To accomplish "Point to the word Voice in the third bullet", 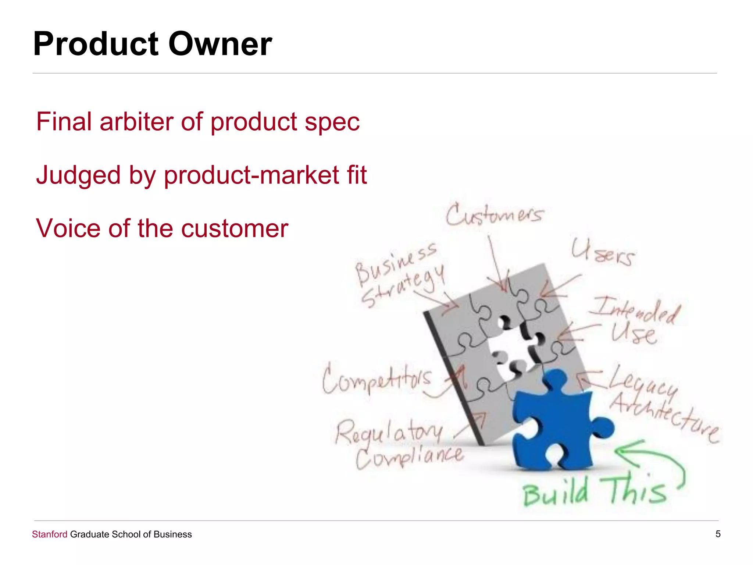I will coord(68,228).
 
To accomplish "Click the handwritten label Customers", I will coord(494,215).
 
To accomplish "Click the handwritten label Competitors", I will coord(376,379).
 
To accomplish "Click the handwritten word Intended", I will coord(636,311).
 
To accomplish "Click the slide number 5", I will coord(718,534).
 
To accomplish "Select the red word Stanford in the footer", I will coord(50,534).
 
